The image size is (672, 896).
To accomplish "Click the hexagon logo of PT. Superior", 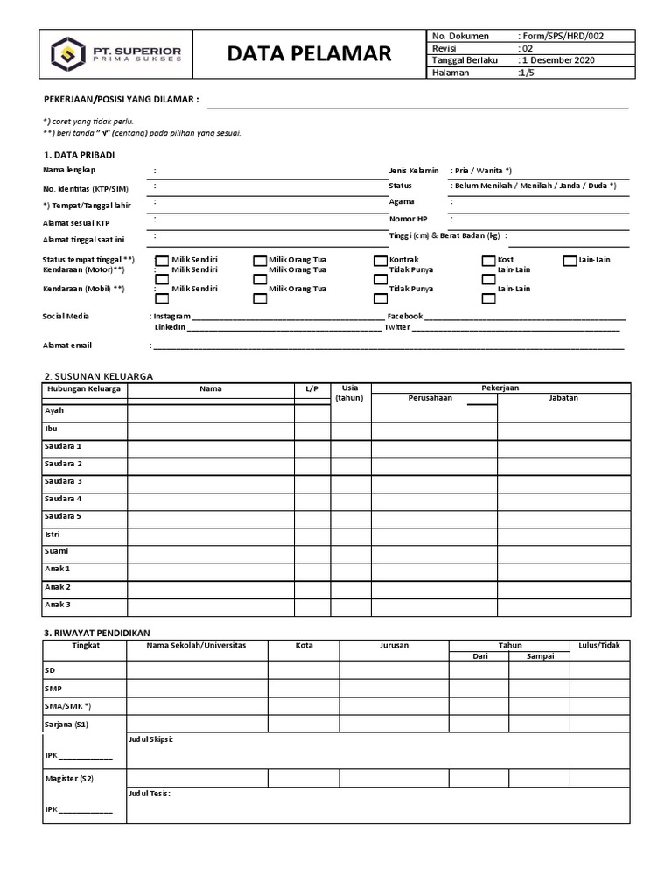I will [x=66, y=55].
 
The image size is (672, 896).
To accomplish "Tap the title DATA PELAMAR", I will [x=309, y=55].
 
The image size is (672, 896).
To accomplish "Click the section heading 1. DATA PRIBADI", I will [x=79, y=155].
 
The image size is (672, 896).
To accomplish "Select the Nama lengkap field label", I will [x=69, y=171].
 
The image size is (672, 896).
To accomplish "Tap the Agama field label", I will [x=402, y=202].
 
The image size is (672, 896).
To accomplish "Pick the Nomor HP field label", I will [x=409, y=219].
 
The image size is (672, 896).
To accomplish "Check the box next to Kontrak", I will [x=380, y=261].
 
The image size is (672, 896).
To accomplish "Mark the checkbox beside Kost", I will [x=488, y=261].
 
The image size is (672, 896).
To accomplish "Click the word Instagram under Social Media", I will [x=172, y=316].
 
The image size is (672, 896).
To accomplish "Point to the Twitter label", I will [x=396, y=327].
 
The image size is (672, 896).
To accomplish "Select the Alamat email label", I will [x=67, y=346].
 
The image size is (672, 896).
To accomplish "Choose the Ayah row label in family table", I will [x=54, y=410].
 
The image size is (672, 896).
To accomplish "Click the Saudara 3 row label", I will [x=63, y=481].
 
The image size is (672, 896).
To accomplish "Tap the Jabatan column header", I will [x=563, y=398].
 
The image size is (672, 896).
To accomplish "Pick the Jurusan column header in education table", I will [x=394, y=645].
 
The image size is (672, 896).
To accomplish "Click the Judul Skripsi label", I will [x=150, y=739].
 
